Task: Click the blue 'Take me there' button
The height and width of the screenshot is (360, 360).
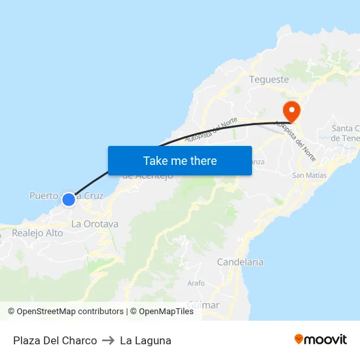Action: (x=180, y=160)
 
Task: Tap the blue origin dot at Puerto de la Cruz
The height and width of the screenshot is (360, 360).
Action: (x=68, y=199)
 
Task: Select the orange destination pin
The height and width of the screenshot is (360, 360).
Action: (x=290, y=110)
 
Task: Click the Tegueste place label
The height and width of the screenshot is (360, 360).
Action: (x=269, y=79)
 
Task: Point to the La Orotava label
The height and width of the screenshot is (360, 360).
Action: (x=95, y=224)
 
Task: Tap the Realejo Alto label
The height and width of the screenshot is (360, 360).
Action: (x=37, y=233)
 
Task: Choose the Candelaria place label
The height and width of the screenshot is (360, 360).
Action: (x=240, y=262)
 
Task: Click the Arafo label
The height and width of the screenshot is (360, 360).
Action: (x=196, y=283)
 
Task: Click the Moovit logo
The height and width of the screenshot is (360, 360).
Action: (x=321, y=340)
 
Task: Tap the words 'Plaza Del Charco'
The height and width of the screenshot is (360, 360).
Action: (x=55, y=340)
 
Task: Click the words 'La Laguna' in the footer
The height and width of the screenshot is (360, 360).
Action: (x=145, y=340)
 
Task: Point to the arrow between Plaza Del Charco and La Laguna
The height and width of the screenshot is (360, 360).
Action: (x=108, y=340)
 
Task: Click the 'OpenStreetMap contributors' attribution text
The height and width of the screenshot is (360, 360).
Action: (x=70, y=312)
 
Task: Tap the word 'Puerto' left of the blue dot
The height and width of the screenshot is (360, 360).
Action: (x=44, y=196)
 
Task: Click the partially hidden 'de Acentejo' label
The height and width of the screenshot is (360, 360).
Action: (x=148, y=175)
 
